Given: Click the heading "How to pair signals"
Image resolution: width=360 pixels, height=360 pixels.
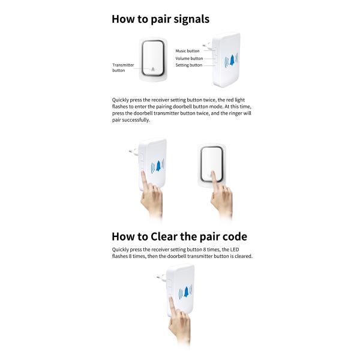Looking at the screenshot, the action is [x=160, y=19].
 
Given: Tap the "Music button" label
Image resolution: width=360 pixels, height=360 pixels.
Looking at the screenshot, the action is [x=187, y=51].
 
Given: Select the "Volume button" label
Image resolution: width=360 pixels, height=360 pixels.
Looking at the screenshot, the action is [x=189, y=58].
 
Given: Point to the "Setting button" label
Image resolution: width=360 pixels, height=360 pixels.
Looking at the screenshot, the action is [x=189, y=65].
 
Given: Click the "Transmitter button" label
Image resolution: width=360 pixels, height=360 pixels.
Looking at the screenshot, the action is [x=123, y=68].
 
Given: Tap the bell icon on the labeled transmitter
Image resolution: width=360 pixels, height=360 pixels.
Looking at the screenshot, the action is [x=153, y=69].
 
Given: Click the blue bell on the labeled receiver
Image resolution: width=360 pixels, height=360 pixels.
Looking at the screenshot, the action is [x=232, y=61].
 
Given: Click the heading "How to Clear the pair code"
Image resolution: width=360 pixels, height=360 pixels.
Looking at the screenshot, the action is [x=179, y=237].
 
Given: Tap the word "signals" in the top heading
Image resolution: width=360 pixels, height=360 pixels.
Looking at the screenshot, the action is [x=191, y=20].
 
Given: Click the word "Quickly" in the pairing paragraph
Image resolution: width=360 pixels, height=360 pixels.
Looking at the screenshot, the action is [x=121, y=100].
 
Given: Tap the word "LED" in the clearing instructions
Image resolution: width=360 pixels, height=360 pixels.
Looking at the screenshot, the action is [x=235, y=250].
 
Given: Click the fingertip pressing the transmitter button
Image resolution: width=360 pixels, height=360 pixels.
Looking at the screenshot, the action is [x=212, y=173].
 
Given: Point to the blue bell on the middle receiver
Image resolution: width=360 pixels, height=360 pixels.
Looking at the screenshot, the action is [x=158, y=166].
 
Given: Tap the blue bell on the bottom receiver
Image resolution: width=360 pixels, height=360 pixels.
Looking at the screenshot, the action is [x=186, y=292].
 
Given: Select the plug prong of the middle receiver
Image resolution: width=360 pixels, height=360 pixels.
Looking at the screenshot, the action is [x=133, y=151].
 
